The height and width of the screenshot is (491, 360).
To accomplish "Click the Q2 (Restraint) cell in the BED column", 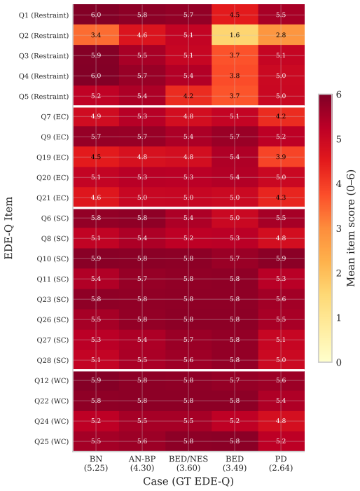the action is pos(235,35).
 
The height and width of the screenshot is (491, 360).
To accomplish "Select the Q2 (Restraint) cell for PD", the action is pos(281,35).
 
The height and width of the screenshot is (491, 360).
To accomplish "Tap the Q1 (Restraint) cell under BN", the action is pos(96,15).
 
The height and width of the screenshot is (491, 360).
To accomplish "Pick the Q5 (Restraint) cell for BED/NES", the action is pos(188,96).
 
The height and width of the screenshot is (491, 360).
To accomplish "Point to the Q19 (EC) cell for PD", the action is pos(281,157).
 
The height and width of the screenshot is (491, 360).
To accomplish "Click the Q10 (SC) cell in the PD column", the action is pos(281,258).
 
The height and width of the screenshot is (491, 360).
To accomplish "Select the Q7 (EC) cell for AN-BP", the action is pos(142,116).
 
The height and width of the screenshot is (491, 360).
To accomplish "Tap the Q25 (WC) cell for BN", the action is pos(96,441).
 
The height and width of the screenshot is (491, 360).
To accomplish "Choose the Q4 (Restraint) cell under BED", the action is pos(235,76).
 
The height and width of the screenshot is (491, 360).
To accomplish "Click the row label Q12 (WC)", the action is pos(52,380).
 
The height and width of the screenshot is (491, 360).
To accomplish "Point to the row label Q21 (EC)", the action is pos(53,198).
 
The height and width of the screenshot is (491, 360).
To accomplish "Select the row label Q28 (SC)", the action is pos(53,360).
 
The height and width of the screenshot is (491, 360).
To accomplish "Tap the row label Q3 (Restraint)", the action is pos(43,55).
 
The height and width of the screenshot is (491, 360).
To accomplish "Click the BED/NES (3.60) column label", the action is pos(188,463).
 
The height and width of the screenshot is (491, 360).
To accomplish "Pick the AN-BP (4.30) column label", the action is pos(142,463).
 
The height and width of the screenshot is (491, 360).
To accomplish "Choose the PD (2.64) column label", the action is pos(281,463).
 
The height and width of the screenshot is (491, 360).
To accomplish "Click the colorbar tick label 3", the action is pos(339,228).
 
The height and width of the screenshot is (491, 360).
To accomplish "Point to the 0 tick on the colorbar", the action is pos(339,362).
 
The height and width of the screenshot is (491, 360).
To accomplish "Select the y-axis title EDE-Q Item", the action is pos(8,228).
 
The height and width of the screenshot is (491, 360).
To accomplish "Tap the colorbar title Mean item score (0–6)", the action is pos(351,228).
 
